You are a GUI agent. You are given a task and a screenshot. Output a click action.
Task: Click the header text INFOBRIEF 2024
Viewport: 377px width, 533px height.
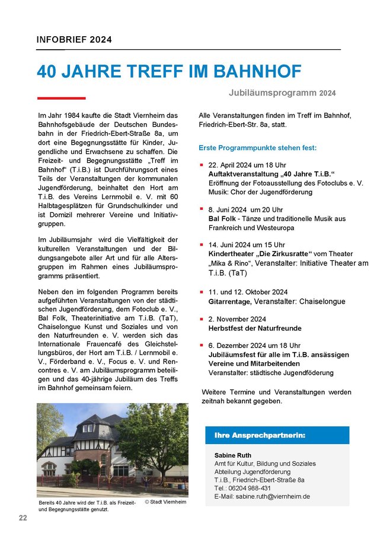74,40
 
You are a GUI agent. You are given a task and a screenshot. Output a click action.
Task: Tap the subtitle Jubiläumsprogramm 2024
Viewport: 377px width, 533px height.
282,93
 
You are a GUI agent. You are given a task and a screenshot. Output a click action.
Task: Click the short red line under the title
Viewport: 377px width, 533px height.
61,98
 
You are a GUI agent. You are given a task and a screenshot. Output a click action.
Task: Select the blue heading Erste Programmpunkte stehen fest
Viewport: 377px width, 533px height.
258,147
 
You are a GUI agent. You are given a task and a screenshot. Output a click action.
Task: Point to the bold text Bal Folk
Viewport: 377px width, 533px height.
222,219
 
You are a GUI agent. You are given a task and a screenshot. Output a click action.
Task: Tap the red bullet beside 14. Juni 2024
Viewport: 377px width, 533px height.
202,244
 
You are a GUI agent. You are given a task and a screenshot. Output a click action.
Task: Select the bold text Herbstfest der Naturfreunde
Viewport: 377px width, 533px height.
251,328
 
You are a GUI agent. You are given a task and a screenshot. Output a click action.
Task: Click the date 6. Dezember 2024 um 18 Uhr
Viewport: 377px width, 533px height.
254,345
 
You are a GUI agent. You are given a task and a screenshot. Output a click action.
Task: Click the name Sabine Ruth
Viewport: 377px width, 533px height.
232,455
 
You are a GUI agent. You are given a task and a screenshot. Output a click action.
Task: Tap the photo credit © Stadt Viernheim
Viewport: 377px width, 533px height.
165,502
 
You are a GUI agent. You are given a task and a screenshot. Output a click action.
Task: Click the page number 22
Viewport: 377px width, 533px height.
23,518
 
